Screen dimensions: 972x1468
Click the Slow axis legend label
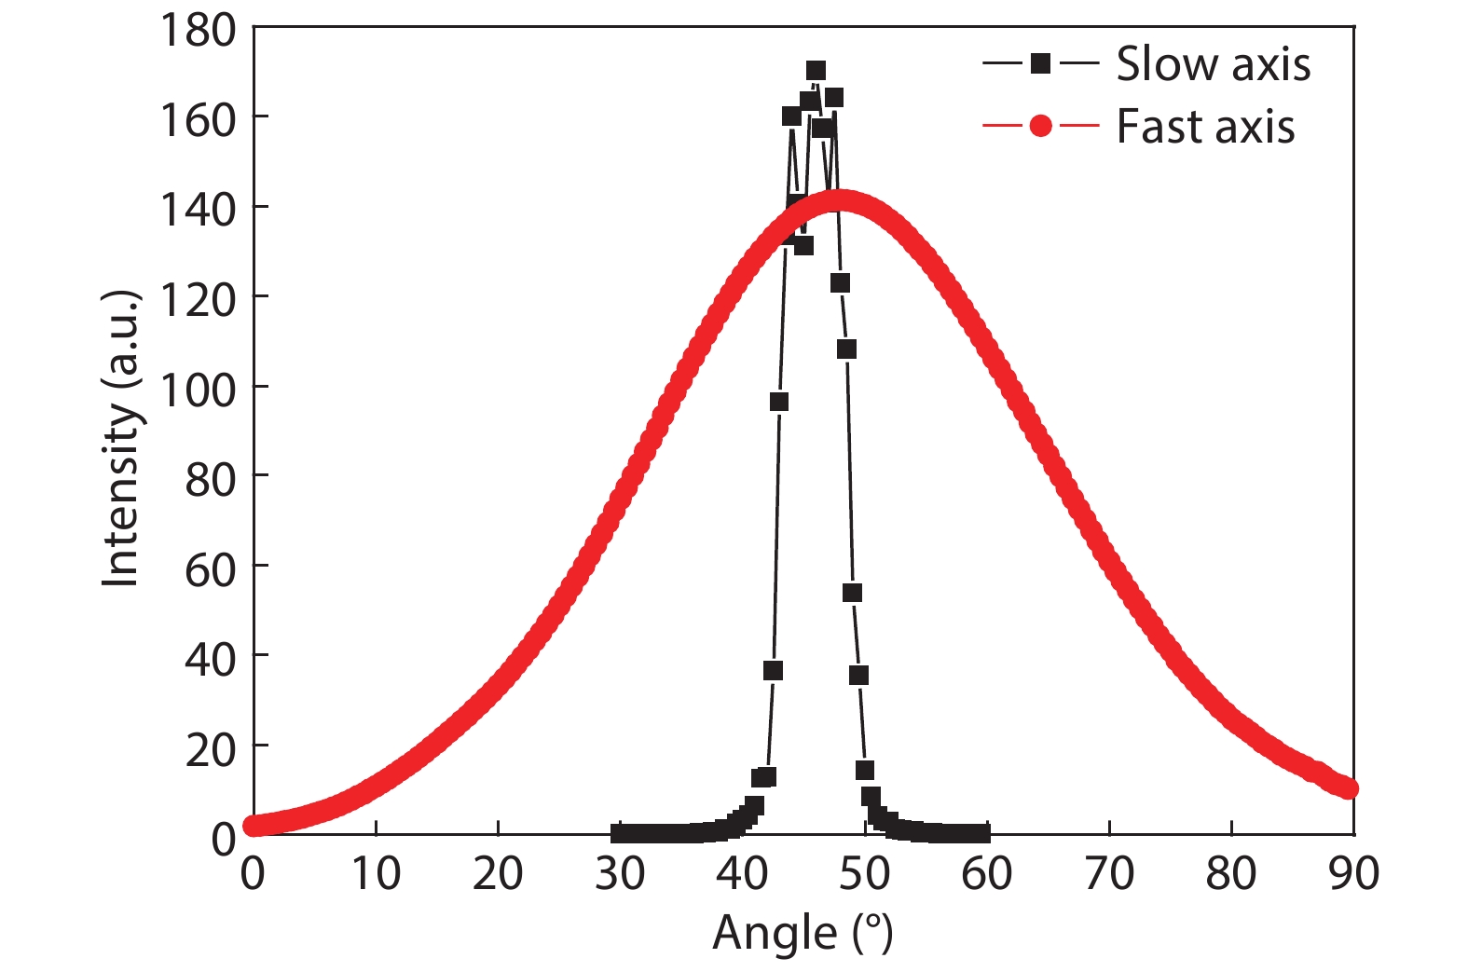coord(1213,64)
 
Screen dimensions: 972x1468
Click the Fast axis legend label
coord(1205,127)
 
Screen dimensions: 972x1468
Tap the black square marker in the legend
coord(1040,63)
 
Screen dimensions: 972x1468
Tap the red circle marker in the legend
coord(1040,126)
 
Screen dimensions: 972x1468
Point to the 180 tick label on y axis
coord(198,30)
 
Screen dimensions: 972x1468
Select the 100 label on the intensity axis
coord(198,389)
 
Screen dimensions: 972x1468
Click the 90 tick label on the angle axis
coord(1353,874)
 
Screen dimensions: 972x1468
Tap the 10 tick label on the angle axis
coord(375,874)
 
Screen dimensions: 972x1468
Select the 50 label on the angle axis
coord(864,874)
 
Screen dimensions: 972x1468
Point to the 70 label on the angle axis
coord(1109,874)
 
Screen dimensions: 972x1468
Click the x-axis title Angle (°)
coord(803,933)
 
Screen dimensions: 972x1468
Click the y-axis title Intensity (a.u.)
coord(121,438)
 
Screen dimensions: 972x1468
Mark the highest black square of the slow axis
coord(816,71)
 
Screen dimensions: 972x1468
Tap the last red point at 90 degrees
coord(1348,788)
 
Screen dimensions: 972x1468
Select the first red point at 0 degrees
coord(253,826)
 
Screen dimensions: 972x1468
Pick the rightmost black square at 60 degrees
coord(981,833)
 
